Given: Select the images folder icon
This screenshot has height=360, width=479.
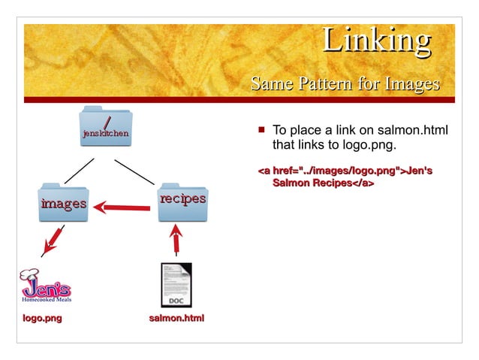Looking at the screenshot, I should tap(64, 203).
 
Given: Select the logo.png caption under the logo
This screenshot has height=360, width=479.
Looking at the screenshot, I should tap(42, 319).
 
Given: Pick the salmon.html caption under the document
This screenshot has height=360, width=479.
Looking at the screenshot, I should tap(176, 319).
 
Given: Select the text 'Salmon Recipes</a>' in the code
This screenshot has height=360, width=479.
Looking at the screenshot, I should tap(324, 183).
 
